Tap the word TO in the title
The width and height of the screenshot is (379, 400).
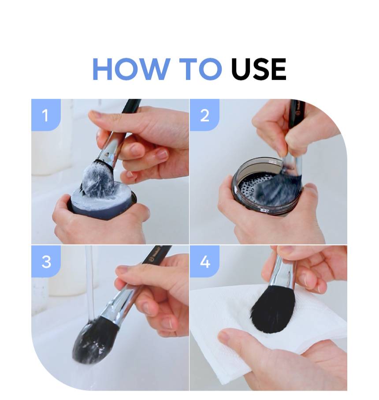coord(200,69)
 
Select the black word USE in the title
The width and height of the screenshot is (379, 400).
coord(258,69)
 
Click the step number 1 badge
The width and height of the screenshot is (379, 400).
coord(46,115)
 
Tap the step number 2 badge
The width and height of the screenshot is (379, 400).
coord(204,115)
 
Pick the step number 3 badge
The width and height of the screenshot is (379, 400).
coord(46,262)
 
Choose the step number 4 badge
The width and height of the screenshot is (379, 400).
coord(204,262)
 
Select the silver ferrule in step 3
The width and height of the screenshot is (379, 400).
coord(125,302)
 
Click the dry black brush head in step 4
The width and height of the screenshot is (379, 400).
coord(273,309)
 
